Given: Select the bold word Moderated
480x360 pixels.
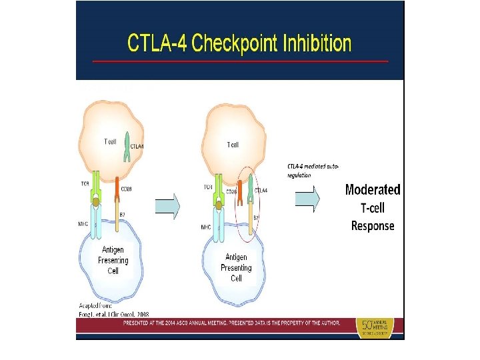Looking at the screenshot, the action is point(373,190).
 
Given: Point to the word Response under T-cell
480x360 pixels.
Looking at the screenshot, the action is point(373,226).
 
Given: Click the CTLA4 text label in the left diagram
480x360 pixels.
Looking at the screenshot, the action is point(137,145).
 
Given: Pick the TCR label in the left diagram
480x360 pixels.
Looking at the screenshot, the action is point(84,183).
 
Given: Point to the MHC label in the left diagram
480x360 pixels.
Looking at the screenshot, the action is point(83,223).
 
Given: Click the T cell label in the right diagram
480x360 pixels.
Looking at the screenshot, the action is point(233,145).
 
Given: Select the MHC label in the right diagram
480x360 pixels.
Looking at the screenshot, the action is point(207,227).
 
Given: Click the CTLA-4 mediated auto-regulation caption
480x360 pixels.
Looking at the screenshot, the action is point(309,169).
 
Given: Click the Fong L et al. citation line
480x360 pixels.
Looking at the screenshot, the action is point(114,314).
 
